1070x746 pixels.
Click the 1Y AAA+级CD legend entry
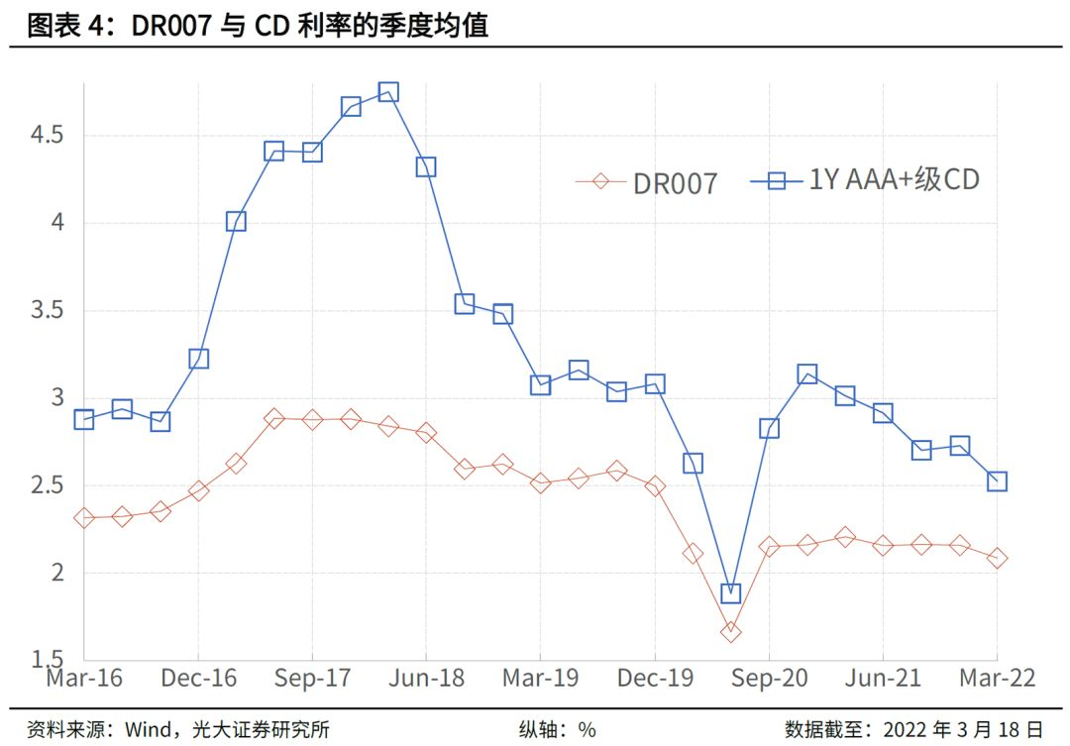[866, 180]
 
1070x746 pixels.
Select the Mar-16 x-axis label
[84, 679]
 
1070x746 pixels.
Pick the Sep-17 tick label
[312, 679]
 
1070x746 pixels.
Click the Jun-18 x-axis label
[426, 679]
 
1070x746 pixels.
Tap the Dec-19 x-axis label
[654, 679]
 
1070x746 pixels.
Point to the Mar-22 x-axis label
[996, 679]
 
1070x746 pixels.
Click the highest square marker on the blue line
[388, 92]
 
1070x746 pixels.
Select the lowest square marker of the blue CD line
[730, 593]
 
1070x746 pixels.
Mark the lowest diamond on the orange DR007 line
[730, 632]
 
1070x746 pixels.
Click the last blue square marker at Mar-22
[997, 481]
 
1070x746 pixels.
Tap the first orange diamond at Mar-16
[84, 518]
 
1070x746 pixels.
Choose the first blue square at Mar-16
[84, 419]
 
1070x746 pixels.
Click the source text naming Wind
[178, 730]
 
